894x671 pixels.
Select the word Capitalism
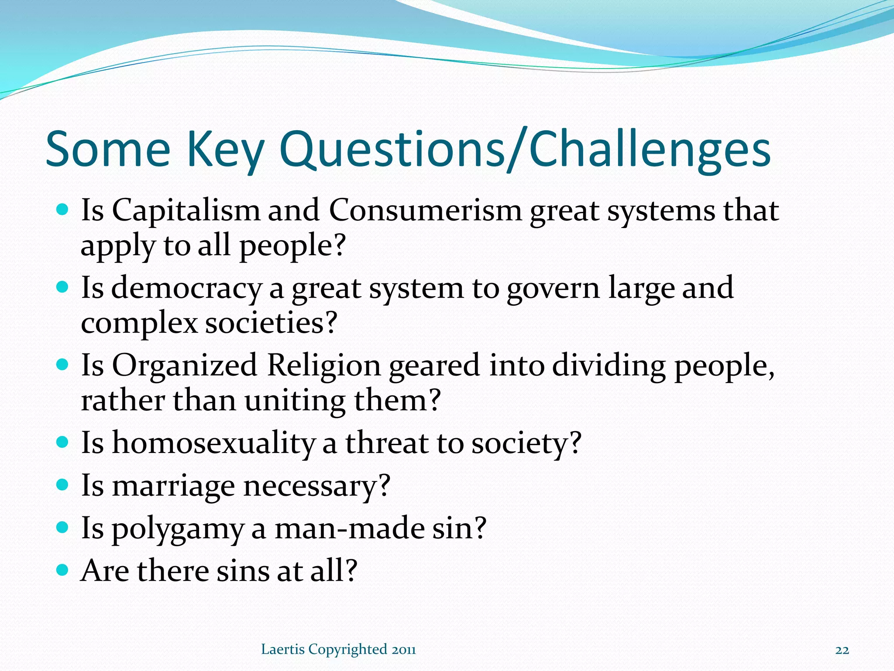(186, 211)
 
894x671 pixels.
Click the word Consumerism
(425, 211)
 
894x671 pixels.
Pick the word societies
(271, 323)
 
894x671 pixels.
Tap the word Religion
(323, 366)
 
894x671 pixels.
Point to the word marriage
(173, 486)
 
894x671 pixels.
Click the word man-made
(350, 529)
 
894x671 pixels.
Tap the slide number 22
(842, 650)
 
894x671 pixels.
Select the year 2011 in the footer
(404, 650)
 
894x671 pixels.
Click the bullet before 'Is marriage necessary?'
(63, 484)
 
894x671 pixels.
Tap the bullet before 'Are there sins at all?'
(63, 570)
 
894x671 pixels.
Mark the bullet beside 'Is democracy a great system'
(63, 287)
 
